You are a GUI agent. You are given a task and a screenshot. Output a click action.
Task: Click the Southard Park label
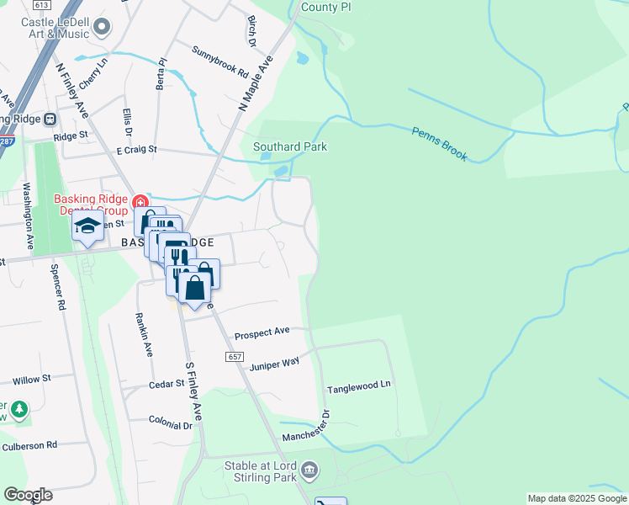coord(290,146)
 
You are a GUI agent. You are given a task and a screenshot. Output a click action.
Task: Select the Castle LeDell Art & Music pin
coord(103,28)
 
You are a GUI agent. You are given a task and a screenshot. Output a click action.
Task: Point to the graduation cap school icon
coord(87,227)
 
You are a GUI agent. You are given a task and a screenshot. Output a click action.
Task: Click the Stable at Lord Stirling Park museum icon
coord(309,469)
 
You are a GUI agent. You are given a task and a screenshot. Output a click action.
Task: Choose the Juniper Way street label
coord(275,363)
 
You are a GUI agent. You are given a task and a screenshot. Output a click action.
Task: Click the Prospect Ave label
coord(262,333)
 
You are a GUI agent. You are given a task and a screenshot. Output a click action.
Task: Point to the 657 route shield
coord(235,357)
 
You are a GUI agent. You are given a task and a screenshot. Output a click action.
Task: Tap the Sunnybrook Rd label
coord(220,61)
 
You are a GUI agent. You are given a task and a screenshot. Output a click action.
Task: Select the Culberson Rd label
coord(29,444)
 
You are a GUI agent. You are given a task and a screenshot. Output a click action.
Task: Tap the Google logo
coord(28,495)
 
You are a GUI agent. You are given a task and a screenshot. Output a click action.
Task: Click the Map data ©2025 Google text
coord(577,498)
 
